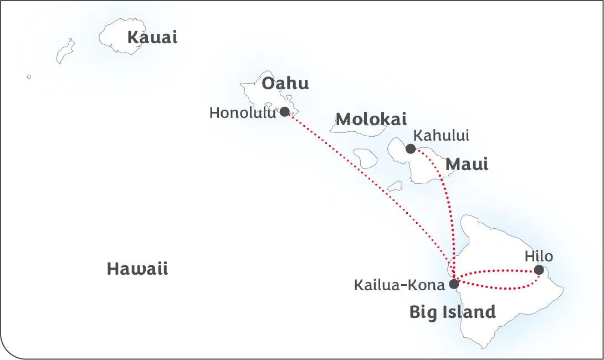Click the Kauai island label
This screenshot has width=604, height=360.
[152, 38]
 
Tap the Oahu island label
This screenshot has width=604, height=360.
[285, 84]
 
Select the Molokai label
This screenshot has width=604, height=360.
[371, 119]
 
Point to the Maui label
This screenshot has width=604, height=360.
[467, 164]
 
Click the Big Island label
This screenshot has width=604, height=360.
[452, 312]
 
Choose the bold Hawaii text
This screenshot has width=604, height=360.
[137, 269]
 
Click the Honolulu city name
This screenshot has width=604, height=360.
[242, 113]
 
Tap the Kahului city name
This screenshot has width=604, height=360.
[441, 135]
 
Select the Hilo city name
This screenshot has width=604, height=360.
[539, 256]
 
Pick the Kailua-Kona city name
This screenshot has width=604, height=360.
[399, 285]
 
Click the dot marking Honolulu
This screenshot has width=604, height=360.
[285, 112]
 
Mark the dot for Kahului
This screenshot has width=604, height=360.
[411, 148]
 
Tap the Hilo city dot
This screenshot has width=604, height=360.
[539, 270]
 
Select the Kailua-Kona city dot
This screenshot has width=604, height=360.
[454, 284]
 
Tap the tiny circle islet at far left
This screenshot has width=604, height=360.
[29, 77]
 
